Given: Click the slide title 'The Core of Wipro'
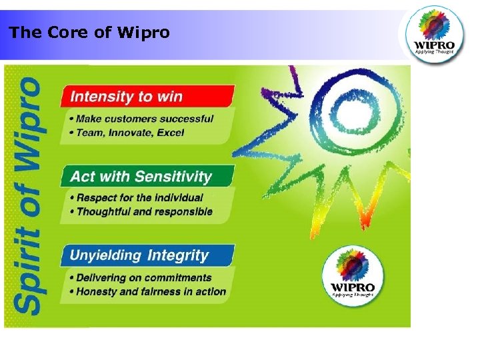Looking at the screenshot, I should click(x=89, y=33).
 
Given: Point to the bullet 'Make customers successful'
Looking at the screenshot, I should click(x=145, y=119).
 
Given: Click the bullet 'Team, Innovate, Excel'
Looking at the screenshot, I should click(x=130, y=133).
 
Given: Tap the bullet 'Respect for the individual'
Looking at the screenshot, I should click(x=140, y=198).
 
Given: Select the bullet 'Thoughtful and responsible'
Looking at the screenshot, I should click(x=145, y=212).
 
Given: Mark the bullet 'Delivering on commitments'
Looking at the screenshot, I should click(x=144, y=277).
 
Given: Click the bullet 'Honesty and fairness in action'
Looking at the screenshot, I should click(x=151, y=291).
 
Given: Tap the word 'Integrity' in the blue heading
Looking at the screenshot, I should click(x=178, y=255).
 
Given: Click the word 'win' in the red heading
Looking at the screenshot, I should click(x=169, y=97).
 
